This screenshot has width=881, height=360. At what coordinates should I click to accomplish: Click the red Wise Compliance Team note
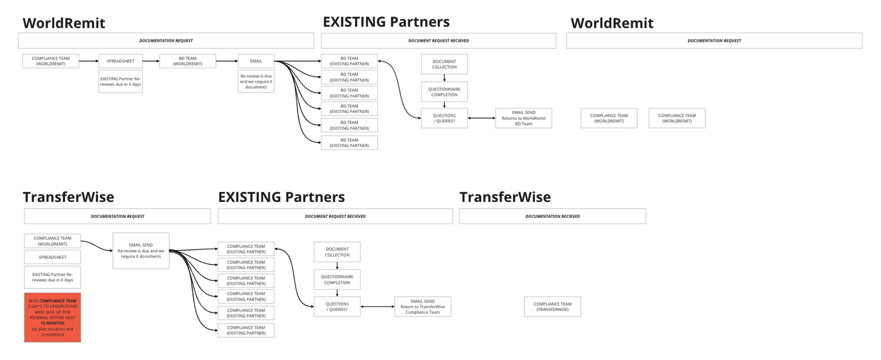click(52, 318)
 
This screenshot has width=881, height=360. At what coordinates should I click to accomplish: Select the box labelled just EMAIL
click(256, 61)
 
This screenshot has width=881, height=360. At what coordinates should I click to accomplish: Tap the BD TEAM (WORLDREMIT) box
click(187, 61)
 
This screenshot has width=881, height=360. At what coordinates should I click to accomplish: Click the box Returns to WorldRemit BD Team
click(523, 118)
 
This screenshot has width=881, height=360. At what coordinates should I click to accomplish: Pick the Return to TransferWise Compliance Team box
click(422, 307)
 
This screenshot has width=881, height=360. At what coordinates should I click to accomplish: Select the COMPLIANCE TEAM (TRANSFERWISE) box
click(552, 307)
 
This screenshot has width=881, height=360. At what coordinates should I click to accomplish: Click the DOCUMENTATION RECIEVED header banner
click(552, 216)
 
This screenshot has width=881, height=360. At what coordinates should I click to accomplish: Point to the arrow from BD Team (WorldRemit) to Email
click(226, 61)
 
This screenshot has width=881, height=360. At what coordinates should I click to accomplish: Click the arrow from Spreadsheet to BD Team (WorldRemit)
click(151, 61)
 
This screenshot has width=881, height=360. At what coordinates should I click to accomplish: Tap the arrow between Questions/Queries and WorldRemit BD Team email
click(481, 118)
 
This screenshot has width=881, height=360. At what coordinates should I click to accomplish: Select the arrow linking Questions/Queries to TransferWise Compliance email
click(377, 307)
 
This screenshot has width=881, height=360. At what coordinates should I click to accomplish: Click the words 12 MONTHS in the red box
click(52, 323)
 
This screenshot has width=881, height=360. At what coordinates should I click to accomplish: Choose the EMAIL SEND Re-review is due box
click(141, 250)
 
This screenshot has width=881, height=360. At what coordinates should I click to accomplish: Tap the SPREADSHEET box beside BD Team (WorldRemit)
click(121, 61)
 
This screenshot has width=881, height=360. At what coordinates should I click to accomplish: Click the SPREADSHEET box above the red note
click(52, 257)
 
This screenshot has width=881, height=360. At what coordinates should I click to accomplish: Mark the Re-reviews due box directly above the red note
click(52, 277)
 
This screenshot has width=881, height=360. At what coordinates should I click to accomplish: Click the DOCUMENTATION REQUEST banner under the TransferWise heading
click(117, 216)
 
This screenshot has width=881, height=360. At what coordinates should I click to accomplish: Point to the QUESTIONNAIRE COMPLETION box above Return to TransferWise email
click(337, 280)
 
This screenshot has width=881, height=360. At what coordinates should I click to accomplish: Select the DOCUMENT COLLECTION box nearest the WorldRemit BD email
click(444, 64)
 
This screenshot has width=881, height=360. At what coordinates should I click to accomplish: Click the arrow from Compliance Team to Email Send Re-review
click(97, 246)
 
